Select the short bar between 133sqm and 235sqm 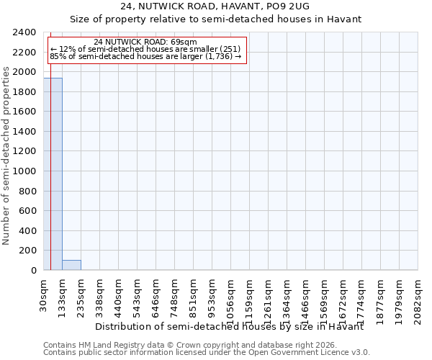[x=71, y=265]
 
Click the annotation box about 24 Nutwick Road [x=146, y=49]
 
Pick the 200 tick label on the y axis [x=28, y=251]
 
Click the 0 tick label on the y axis [x=33, y=271]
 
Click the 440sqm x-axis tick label [x=119, y=294]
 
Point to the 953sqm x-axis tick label [x=212, y=294]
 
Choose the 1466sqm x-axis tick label [x=306, y=297]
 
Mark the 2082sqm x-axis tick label [x=418, y=297]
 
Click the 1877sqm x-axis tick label [x=381, y=297]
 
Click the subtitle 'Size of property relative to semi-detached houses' [x=215, y=19]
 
